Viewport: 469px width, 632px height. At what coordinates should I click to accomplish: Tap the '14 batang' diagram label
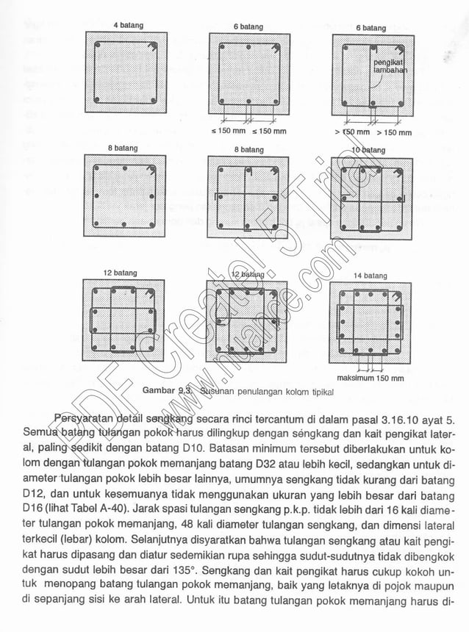pos(370,276)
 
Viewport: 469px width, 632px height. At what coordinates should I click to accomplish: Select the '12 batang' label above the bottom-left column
pos(121,273)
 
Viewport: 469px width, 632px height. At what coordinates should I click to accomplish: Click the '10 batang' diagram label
pos(368,150)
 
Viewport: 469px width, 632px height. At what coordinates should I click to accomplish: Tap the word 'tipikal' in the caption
pos(321,392)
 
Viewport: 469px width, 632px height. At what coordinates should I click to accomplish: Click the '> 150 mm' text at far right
pos(395,133)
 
